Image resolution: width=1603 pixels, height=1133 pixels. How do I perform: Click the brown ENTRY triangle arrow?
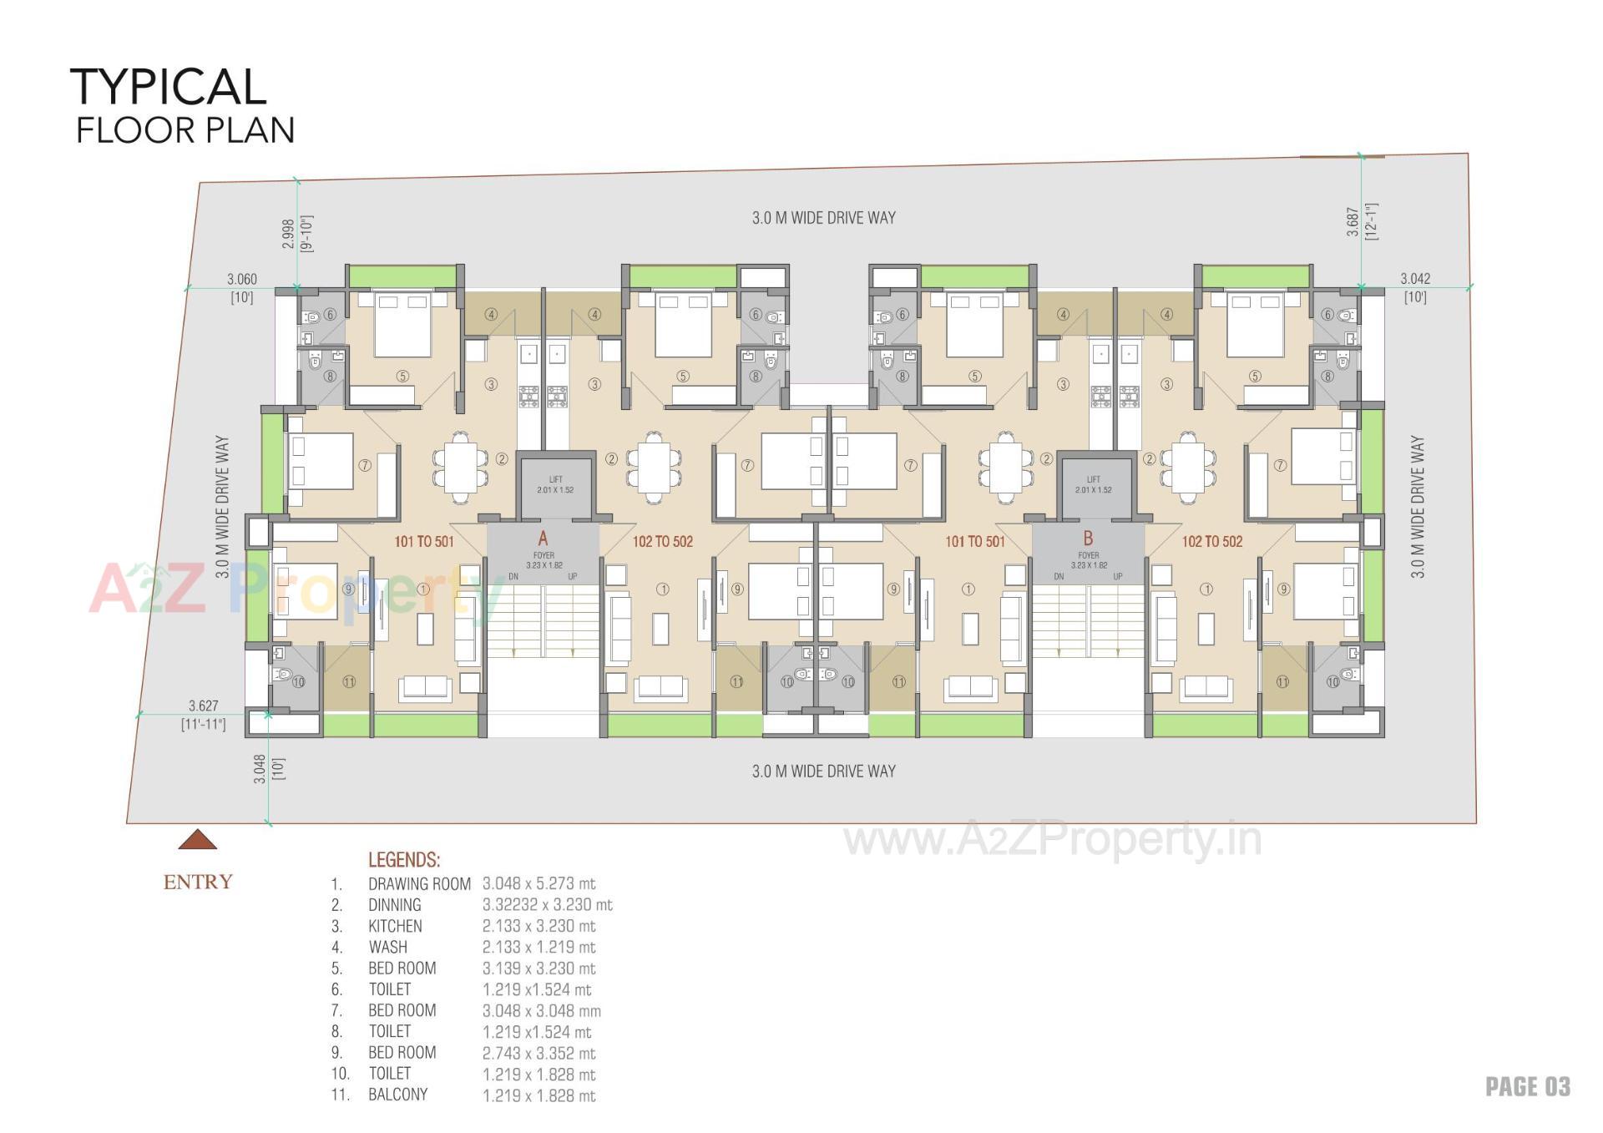tap(198, 840)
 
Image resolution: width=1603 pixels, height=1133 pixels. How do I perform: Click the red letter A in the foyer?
tap(543, 539)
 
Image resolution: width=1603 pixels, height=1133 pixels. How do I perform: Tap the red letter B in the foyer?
tap(1088, 539)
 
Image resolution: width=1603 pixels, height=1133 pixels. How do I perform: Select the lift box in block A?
tap(555, 485)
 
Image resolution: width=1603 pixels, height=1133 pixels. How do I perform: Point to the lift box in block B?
tap(1093, 485)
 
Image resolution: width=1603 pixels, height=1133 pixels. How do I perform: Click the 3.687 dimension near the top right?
tap(1353, 222)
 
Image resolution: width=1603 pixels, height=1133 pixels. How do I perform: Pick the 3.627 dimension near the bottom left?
tap(203, 706)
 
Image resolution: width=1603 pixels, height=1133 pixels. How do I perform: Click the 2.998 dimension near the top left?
tap(288, 235)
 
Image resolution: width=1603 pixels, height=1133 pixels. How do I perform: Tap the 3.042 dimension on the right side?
tap(1415, 279)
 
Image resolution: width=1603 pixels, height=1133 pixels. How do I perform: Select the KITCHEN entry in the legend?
tap(395, 926)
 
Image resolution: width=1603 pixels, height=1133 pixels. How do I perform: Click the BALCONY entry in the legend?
tap(397, 1095)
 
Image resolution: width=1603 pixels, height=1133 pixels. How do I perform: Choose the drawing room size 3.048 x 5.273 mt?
tap(539, 883)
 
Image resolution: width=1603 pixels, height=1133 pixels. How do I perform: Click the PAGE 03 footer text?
tap(1527, 1086)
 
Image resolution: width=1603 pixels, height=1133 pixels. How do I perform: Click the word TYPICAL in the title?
tap(168, 87)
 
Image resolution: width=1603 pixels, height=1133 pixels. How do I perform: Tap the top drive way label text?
tap(823, 218)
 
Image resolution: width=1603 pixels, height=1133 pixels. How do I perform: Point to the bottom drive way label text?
tap(823, 771)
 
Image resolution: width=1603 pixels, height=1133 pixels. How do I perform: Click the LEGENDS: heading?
tap(404, 860)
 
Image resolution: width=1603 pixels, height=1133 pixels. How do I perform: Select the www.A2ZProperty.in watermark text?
tap(1052, 839)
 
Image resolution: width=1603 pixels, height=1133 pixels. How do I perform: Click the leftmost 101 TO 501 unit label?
tap(424, 542)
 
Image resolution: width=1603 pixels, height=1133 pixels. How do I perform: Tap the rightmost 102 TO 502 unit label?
tap(1211, 542)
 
